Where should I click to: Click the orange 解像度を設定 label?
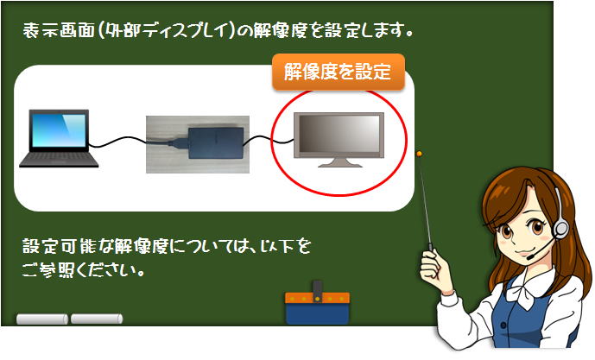coord(339,72)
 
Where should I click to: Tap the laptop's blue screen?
coord(59,130)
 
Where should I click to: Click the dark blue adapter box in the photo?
coord(216,143)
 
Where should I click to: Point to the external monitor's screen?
coord(339,134)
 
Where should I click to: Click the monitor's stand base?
coord(339,163)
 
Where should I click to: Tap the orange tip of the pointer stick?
coord(420,154)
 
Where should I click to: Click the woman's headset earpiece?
coord(560,229)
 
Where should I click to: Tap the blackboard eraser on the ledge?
coord(317,305)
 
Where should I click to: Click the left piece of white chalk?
coord(42,319)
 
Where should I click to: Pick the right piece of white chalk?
coord(97,319)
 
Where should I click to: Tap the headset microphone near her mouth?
coord(530,257)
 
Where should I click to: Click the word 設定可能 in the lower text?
coord(60,247)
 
